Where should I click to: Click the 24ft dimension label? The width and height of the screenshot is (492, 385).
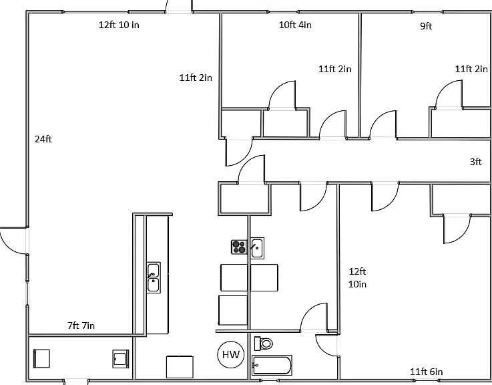tap(43, 139)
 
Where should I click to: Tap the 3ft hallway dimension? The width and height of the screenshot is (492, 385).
tap(475, 162)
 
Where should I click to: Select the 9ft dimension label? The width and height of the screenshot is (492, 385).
tap(426, 26)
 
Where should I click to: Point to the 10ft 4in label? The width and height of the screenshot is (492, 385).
tap(295, 25)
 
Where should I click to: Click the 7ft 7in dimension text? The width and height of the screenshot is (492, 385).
tap(81, 326)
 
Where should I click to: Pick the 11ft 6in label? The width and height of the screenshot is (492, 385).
tap(427, 372)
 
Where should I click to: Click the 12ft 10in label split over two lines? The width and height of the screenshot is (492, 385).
tap(357, 277)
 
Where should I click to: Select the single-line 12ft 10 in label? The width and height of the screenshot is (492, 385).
tap(119, 25)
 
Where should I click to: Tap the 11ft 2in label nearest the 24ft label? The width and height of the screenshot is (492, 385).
tap(196, 78)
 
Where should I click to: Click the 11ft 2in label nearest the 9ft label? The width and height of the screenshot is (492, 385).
tap(471, 69)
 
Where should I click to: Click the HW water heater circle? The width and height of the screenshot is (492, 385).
tap(231, 355)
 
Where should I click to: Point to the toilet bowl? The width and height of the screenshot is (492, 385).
tap(266, 344)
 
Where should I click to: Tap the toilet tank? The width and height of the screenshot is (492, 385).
tap(257, 344)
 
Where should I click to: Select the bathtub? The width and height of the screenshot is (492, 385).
tap(272, 365)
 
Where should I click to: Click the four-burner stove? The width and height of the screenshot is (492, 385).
tap(239, 247)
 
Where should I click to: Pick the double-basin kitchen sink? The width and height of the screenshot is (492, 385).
tap(154, 277)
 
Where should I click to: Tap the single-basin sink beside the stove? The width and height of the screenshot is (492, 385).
tap(257, 248)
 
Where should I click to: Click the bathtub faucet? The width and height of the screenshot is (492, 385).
tap(256, 366)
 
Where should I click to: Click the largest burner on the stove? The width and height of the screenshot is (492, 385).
tap(242, 250)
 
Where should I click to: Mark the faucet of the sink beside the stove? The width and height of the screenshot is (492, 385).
tap(254, 245)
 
